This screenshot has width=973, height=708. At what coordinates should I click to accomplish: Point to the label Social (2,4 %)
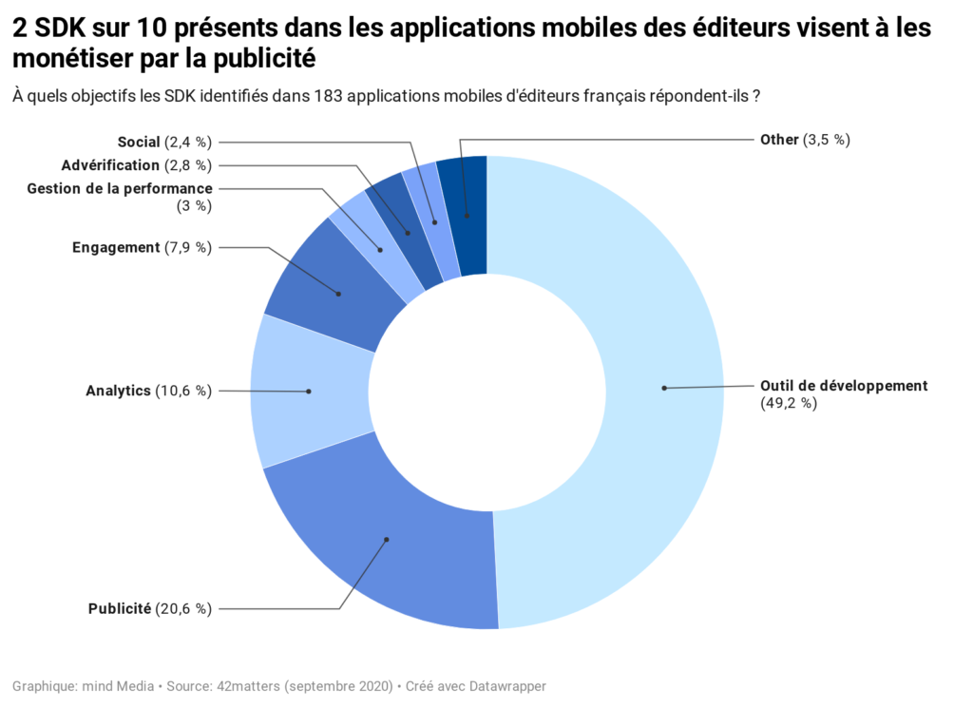click(163, 142)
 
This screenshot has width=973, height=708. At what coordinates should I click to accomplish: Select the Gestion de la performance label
click(120, 189)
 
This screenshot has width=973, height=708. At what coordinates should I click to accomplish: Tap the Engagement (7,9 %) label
click(142, 248)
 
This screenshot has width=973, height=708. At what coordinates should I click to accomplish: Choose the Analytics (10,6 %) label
click(148, 391)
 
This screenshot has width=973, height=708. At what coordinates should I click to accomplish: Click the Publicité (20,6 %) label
click(149, 608)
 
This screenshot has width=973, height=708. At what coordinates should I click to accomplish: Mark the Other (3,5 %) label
click(804, 140)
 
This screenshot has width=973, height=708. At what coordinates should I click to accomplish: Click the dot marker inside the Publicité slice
click(387, 540)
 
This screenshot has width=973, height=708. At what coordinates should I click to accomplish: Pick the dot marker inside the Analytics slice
click(309, 391)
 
